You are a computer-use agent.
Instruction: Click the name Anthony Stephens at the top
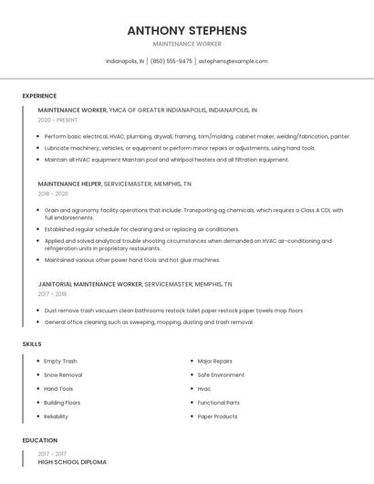[x=186, y=30]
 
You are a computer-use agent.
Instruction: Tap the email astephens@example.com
[x=234, y=61]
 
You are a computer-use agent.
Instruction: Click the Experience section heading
[x=39, y=96]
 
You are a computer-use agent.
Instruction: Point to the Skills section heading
[x=31, y=343]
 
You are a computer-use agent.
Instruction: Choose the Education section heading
[x=39, y=440]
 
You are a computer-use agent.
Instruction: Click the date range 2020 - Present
[x=57, y=120]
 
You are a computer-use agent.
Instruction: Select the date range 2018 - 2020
[x=53, y=194]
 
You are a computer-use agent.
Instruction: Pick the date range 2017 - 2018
[x=53, y=294]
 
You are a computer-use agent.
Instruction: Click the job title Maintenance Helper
[x=69, y=184]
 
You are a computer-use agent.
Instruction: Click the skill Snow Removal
[x=63, y=374]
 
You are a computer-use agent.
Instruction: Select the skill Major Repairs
[x=214, y=361]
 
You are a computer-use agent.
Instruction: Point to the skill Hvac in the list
[x=204, y=388]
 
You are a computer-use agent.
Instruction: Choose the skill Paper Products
[x=217, y=416]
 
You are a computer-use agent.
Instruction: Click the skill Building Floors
[x=62, y=402]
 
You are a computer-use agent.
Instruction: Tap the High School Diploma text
[x=72, y=462]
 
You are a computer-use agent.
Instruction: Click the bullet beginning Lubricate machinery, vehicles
[x=180, y=148]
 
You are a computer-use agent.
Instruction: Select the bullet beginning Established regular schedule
[x=141, y=229]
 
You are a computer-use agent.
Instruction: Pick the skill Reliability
[x=56, y=416]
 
